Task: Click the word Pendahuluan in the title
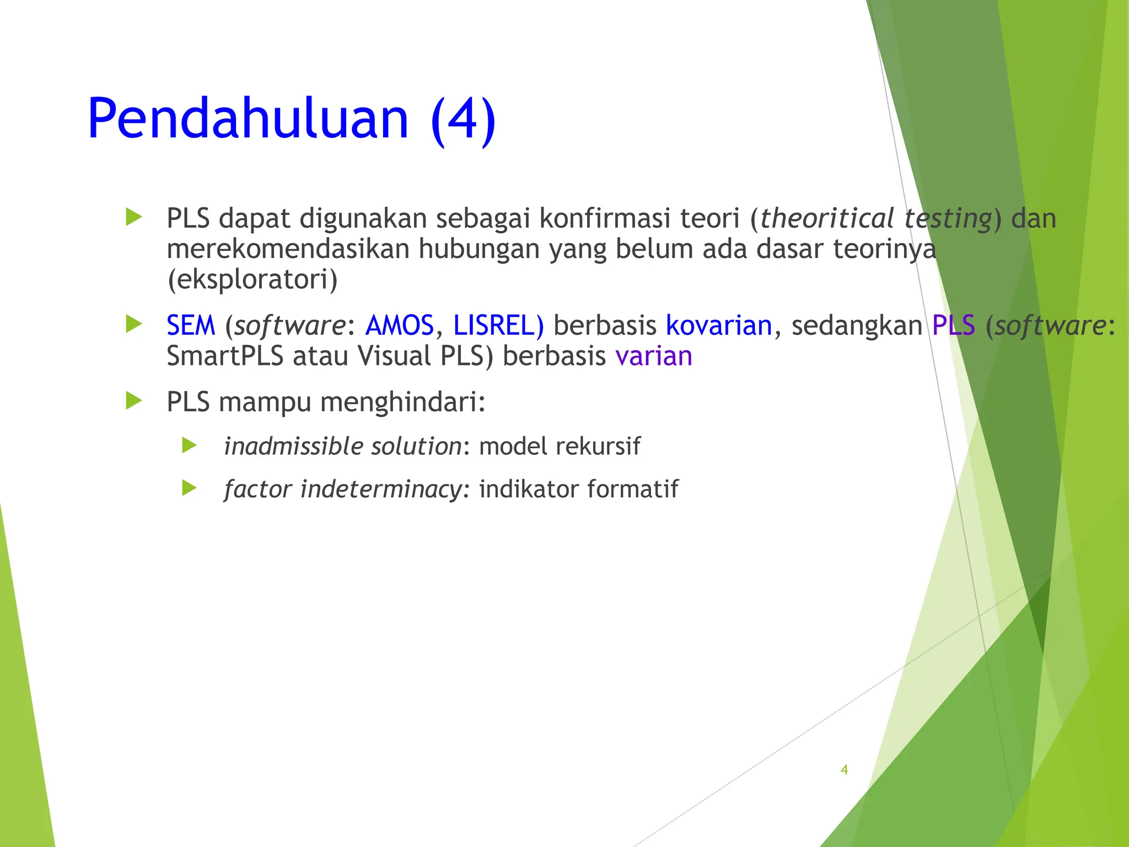(x=248, y=119)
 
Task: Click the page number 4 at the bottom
(x=844, y=770)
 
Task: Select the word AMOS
(x=400, y=325)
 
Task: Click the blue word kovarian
(x=719, y=325)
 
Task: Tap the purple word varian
(x=654, y=356)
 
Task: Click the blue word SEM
(x=191, y=325)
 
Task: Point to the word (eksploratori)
(x=252, y=280)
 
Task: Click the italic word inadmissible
(x=293, y=446)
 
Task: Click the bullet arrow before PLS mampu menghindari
(x=133, y=401)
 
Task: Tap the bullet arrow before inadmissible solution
(x=189, y=445)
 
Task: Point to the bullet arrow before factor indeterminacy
(x=189, y=488)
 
